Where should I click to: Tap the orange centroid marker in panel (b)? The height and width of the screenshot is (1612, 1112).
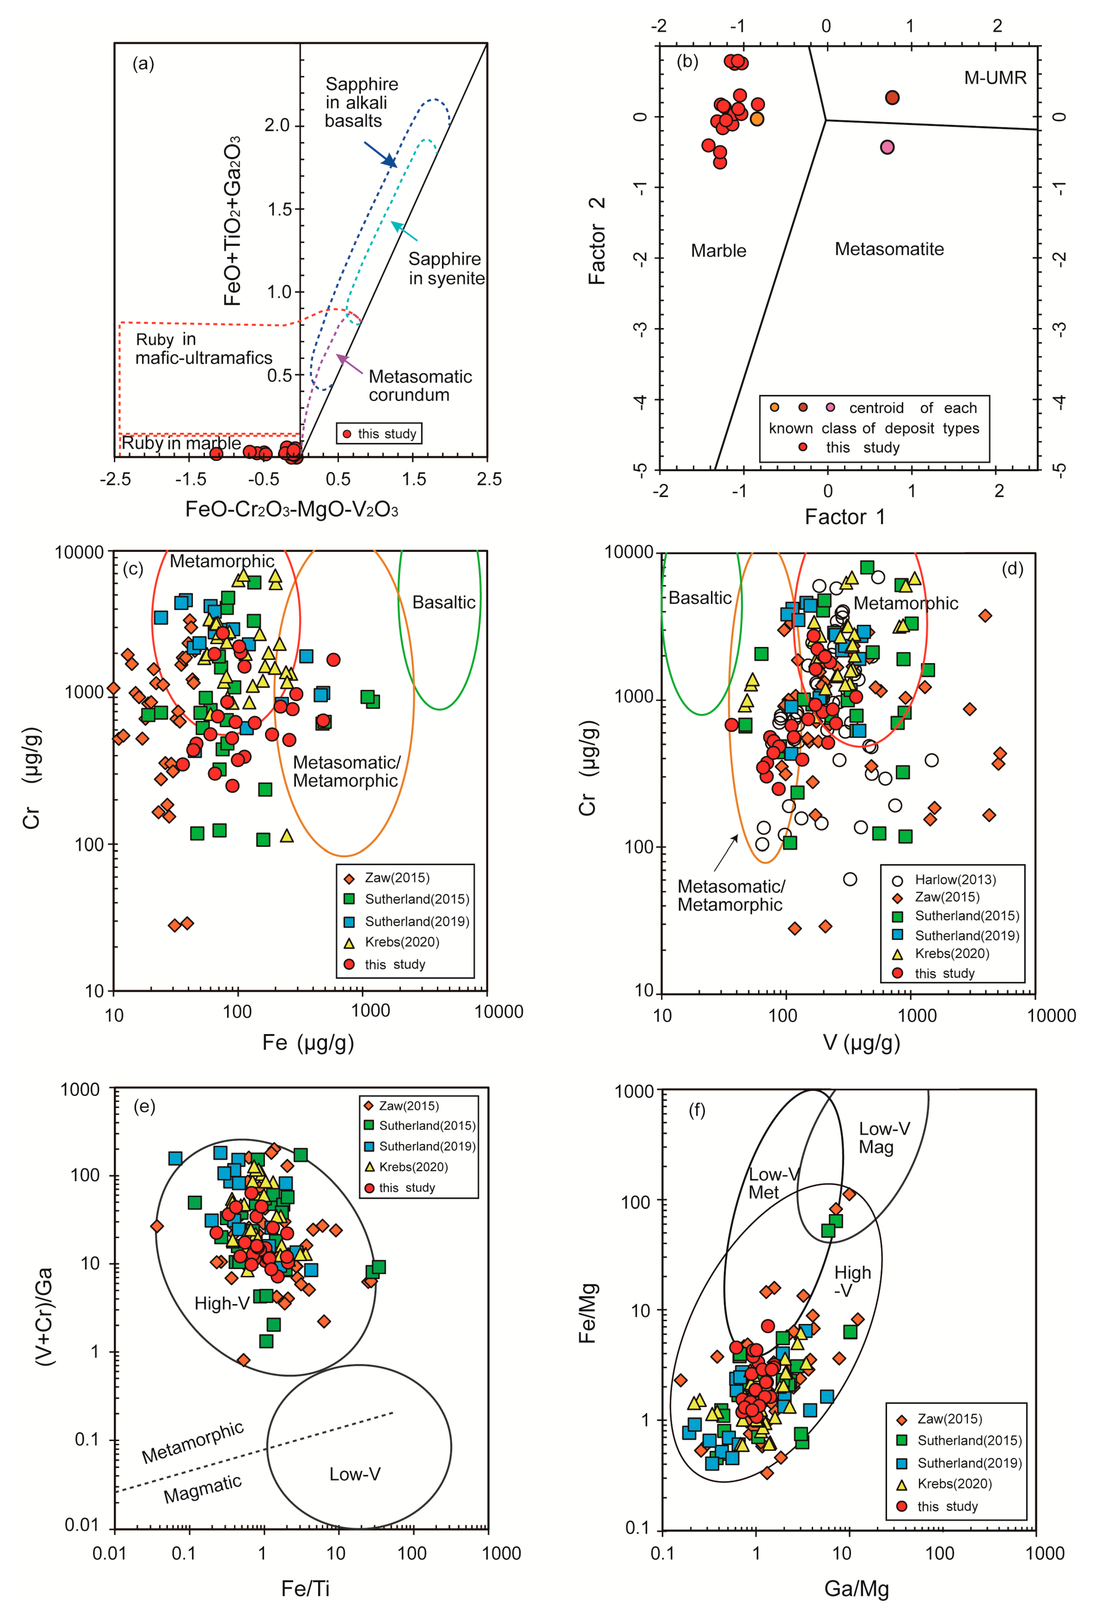point(757,119)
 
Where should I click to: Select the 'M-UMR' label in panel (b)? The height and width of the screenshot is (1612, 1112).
point(995,78)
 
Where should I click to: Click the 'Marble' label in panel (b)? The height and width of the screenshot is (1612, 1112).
point(718,251)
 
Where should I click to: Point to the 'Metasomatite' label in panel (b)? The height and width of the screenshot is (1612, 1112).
point(889,249)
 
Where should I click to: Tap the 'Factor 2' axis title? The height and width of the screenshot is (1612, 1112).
point(597,241)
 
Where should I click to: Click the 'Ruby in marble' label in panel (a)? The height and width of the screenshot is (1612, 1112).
point(181,443)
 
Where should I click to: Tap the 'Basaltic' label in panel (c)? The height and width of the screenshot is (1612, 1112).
point(444,603)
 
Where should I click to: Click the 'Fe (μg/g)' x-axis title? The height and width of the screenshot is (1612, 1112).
point(308,1042)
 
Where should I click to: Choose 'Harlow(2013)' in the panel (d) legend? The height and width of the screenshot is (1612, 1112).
point(955,880)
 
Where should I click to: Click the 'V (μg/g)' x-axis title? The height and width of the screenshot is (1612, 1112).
point(861,1042)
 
